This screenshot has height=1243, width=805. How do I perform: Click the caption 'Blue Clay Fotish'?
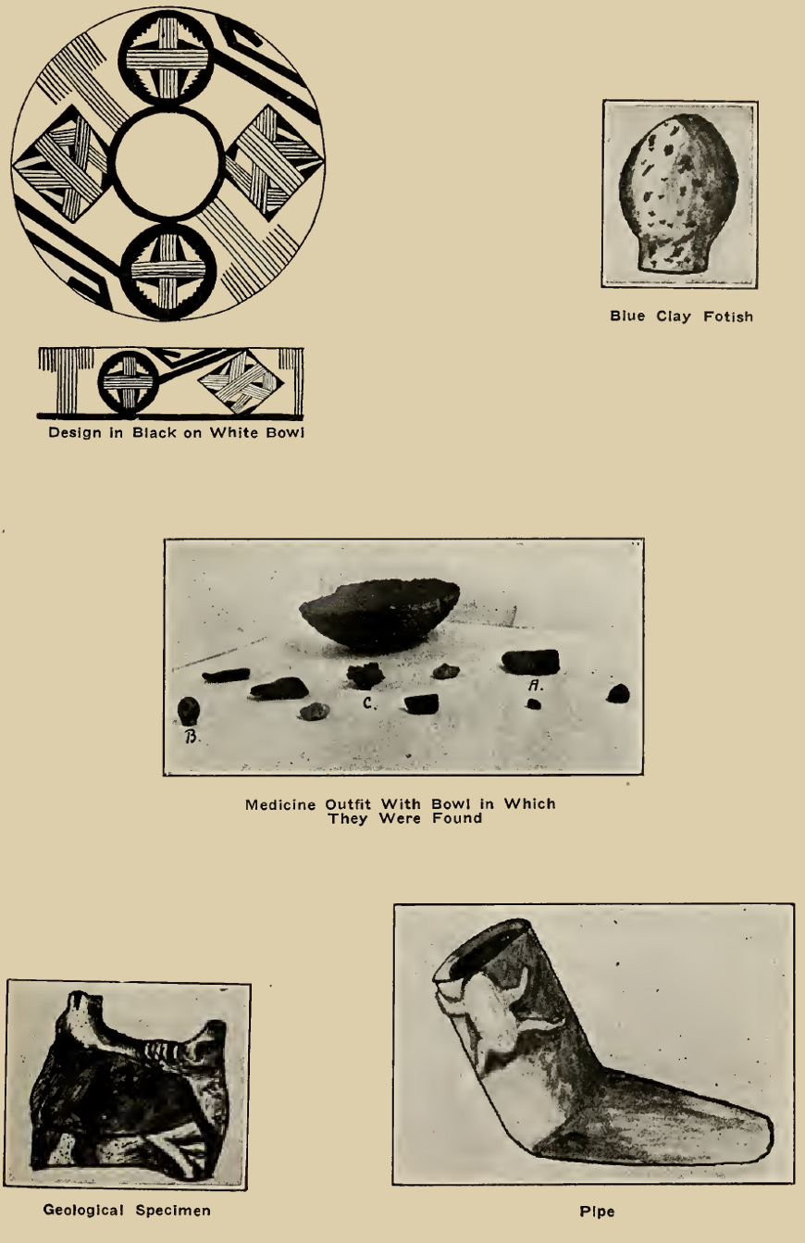click(681, 317)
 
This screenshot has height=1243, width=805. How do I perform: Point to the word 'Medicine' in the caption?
click(276, 804)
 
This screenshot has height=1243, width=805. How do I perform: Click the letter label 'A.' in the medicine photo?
click(534, 685)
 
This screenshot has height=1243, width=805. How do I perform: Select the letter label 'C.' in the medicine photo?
click(368, 702)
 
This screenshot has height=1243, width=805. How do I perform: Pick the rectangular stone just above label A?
click(530, 661)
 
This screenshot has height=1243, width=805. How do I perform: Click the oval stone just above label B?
click(188, 710)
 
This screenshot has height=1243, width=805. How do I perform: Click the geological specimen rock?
click(128, 1084)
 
